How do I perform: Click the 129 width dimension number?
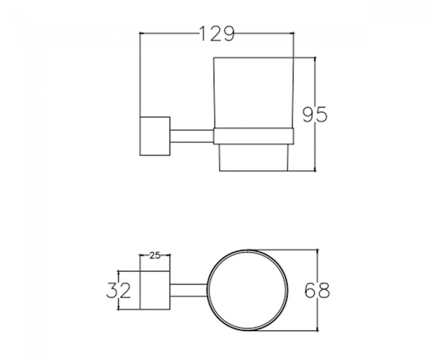point(217,34)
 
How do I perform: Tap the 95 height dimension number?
point(315,114)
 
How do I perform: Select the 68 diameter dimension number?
point(317,290)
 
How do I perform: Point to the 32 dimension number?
point(119,290)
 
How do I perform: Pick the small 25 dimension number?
point(155,256)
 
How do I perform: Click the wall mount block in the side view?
point(155,136)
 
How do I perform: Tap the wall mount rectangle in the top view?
point(155,290)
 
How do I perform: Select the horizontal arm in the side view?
point(192,136)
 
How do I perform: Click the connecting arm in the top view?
point(188,290)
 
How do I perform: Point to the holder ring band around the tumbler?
point(254,136)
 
